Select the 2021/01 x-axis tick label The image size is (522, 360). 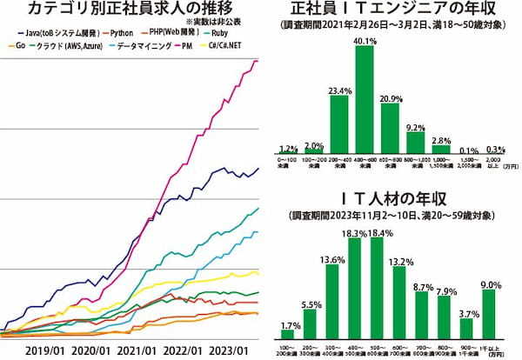pyautogui.click(x=146, y=350)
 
